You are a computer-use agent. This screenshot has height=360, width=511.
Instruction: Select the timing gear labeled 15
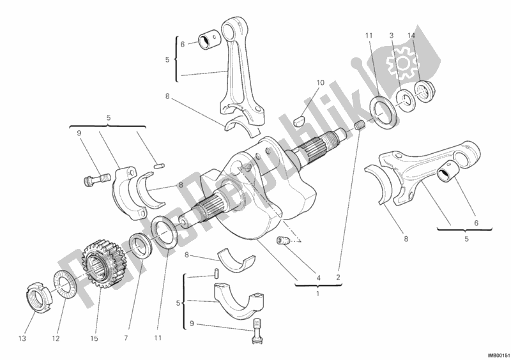(102, 264)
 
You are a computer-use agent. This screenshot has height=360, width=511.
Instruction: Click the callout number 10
(321, 83)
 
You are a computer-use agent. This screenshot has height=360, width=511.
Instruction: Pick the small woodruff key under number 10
(299, 121)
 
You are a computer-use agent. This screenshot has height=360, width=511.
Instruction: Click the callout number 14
(411, 36)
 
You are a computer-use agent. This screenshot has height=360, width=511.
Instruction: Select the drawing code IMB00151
(498, 354)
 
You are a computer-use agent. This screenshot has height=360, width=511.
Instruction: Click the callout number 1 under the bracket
(317, 294)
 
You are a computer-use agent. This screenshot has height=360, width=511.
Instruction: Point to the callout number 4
(318, 278)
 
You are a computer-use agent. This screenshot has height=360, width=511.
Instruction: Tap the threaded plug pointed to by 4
(284, 241)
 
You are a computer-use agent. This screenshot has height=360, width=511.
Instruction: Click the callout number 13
(22, 339)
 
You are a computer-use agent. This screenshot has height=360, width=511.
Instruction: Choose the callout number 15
(94, 339)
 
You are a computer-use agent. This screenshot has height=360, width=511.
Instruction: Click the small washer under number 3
(405, 100)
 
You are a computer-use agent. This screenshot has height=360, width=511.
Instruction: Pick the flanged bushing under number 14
(424, 91)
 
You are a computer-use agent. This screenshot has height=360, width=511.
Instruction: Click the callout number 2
(339, 278)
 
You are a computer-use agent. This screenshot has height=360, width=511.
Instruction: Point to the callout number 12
(56, 339)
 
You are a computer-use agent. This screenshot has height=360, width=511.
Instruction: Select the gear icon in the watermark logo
(402, 63)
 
